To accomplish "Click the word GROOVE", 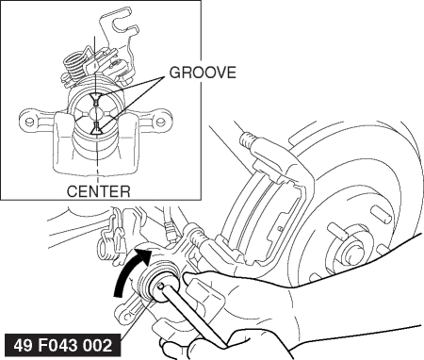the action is point(203,73).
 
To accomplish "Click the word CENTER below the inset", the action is point(98,191).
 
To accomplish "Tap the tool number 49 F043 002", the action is point(63,345).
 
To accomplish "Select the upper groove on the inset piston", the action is point(95,99).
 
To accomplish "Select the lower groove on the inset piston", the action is point(96,128).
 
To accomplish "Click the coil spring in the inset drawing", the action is point(73,68).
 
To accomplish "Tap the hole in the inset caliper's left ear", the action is point(29,121).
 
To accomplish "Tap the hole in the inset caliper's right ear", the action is point(160,121).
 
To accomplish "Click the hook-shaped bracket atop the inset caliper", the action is point(120,35).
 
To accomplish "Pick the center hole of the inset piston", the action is point(95,113).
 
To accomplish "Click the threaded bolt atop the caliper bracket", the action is point(248,140).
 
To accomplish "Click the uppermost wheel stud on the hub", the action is point(381,214).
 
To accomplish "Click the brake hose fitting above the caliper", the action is point(170,232).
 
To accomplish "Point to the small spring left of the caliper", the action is point(106,248).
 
